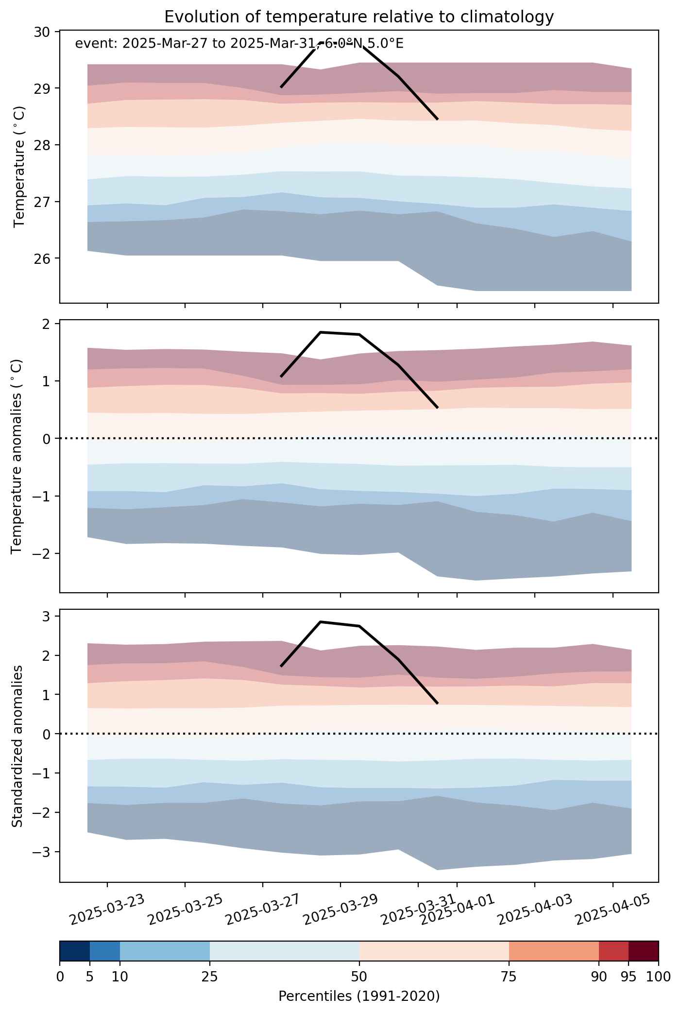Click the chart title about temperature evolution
(x=359, y=17)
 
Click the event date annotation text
(x=239, y=44)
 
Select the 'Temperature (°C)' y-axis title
(x=19, y=167)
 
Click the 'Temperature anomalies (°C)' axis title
(x=17, y=456)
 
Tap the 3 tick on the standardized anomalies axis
(x=47, y=617)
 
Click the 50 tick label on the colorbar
(x=359, y=977)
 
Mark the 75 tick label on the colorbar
(x=509, y=977)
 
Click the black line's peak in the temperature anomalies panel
(x=321, y=332)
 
